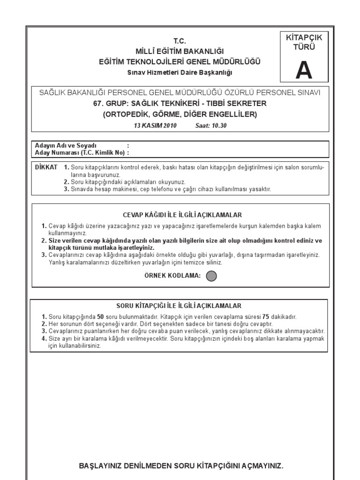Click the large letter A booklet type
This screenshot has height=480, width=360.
click(x=304, y=71)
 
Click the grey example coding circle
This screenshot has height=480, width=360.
click(x=211, y=276)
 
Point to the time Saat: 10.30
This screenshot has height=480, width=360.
click(x=210, y=126)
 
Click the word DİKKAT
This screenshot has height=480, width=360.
click(x=46, y=167)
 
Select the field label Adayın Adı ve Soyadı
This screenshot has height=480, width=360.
click(x=66, y=146)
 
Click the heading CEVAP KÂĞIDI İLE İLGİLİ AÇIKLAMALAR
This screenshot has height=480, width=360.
click(x=182, y=215)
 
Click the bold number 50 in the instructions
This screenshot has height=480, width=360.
click(x=100, y=317)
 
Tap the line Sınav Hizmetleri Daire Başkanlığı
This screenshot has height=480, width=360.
click(x=180, y=72)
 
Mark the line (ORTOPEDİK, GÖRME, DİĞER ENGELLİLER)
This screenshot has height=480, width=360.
click(x=180, y=114)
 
